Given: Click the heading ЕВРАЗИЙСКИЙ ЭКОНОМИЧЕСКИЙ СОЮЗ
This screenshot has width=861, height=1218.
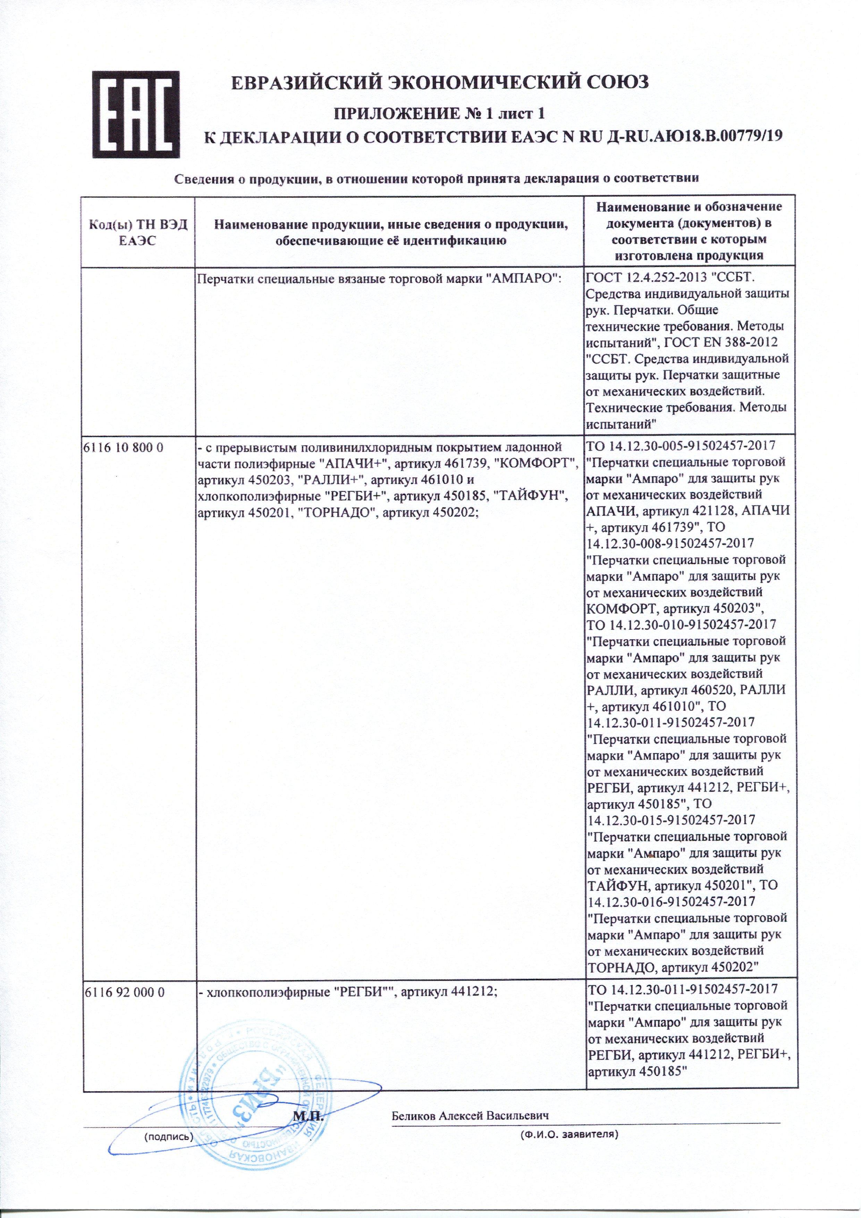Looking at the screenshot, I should pos(440,82).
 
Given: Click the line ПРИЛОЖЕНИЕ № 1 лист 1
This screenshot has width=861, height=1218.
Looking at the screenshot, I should pos(438,113).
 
